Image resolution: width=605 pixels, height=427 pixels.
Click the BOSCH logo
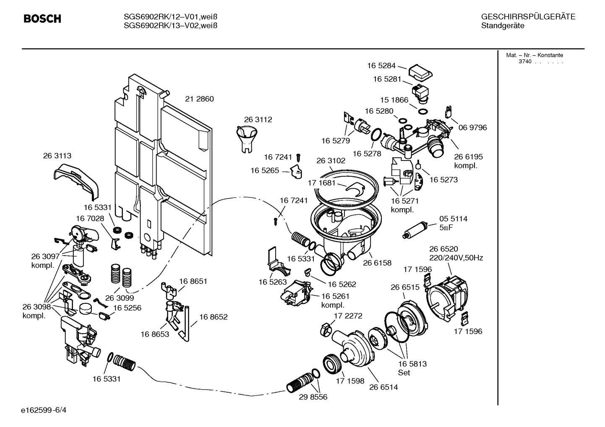pyautogui.click(x=42, y=19)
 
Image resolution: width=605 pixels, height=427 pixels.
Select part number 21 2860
pyautogui.click(x=199, y=99)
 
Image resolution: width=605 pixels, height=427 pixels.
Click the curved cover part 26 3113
pyautogui.click(x=77, y=180)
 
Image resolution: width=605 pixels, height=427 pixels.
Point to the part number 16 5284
pyautogui.click(x=381, y=65)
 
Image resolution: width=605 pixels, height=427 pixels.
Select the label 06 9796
pyautogui.click(x=472, y=127)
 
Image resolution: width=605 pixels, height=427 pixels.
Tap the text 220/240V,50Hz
pyautogui.click(x=456, y=258)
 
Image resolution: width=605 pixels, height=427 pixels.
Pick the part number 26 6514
pyautogui.click(x=383, y=387)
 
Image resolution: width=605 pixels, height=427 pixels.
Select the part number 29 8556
pyautogui.click(x=313, y=397)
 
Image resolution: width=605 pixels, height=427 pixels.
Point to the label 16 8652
pyautogui.click(x=213, y=317)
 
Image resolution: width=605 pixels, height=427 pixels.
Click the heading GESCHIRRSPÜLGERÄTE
pyautogui.click(x=528, y=17)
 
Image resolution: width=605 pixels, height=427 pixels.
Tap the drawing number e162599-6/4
pyautogui.click(x=46, y=410)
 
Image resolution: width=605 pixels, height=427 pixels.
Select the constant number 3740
pyautogui.click(x=524, y=62)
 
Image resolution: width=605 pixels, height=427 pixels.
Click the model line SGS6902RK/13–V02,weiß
pyautogui.click(x=170, y=26)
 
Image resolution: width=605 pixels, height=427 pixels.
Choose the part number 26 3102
pyautogui.click(x=331, y=160)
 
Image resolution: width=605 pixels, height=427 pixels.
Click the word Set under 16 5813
pyautogui.click(x=404, y=373)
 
